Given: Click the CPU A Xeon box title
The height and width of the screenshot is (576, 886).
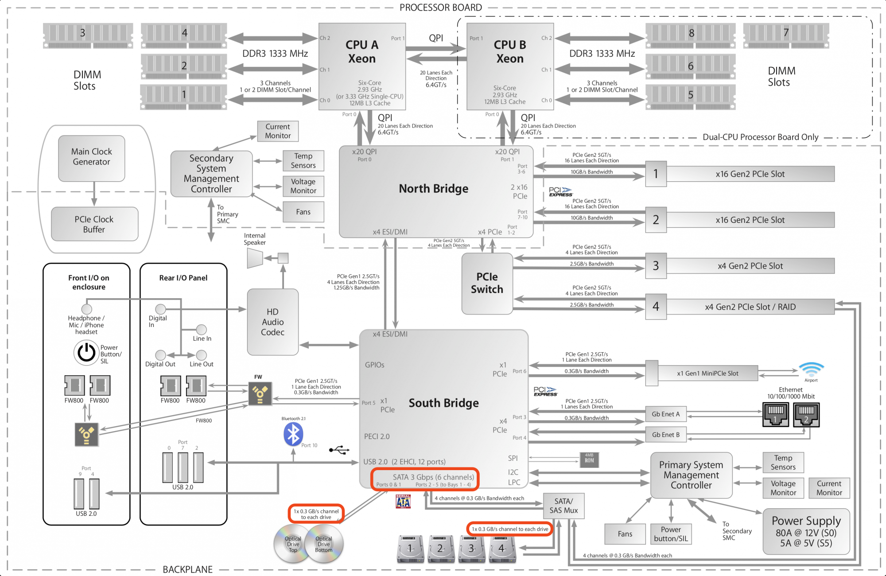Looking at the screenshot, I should click(362, 51).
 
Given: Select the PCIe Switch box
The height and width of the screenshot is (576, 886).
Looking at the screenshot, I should click(487, 283).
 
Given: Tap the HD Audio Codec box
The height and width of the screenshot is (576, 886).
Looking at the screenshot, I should click(272, 322).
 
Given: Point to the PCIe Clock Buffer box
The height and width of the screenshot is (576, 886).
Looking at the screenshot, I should click(94, 224).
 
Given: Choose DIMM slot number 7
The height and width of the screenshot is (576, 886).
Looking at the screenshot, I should click(786, 35).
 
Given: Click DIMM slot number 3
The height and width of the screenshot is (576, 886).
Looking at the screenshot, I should click(88, 35).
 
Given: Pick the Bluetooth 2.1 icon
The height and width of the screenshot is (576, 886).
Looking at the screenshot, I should click(293, 434).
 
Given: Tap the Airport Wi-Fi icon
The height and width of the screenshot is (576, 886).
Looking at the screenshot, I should click(811, 370).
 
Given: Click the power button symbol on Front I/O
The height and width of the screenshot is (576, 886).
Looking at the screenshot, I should click(86, 353).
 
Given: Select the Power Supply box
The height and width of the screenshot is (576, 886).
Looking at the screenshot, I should click(806, 531).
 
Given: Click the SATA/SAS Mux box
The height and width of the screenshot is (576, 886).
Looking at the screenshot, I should click(563, 506).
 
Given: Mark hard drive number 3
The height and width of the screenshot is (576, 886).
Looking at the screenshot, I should click(471, 549).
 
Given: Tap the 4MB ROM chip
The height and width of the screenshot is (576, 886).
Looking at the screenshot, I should click(589, 460).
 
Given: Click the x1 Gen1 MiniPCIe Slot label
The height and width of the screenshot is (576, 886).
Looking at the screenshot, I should click(707, 374).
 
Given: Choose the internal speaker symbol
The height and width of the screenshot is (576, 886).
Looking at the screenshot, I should click(255, 258).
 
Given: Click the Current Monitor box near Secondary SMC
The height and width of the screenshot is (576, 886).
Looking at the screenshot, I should click(278, 131).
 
